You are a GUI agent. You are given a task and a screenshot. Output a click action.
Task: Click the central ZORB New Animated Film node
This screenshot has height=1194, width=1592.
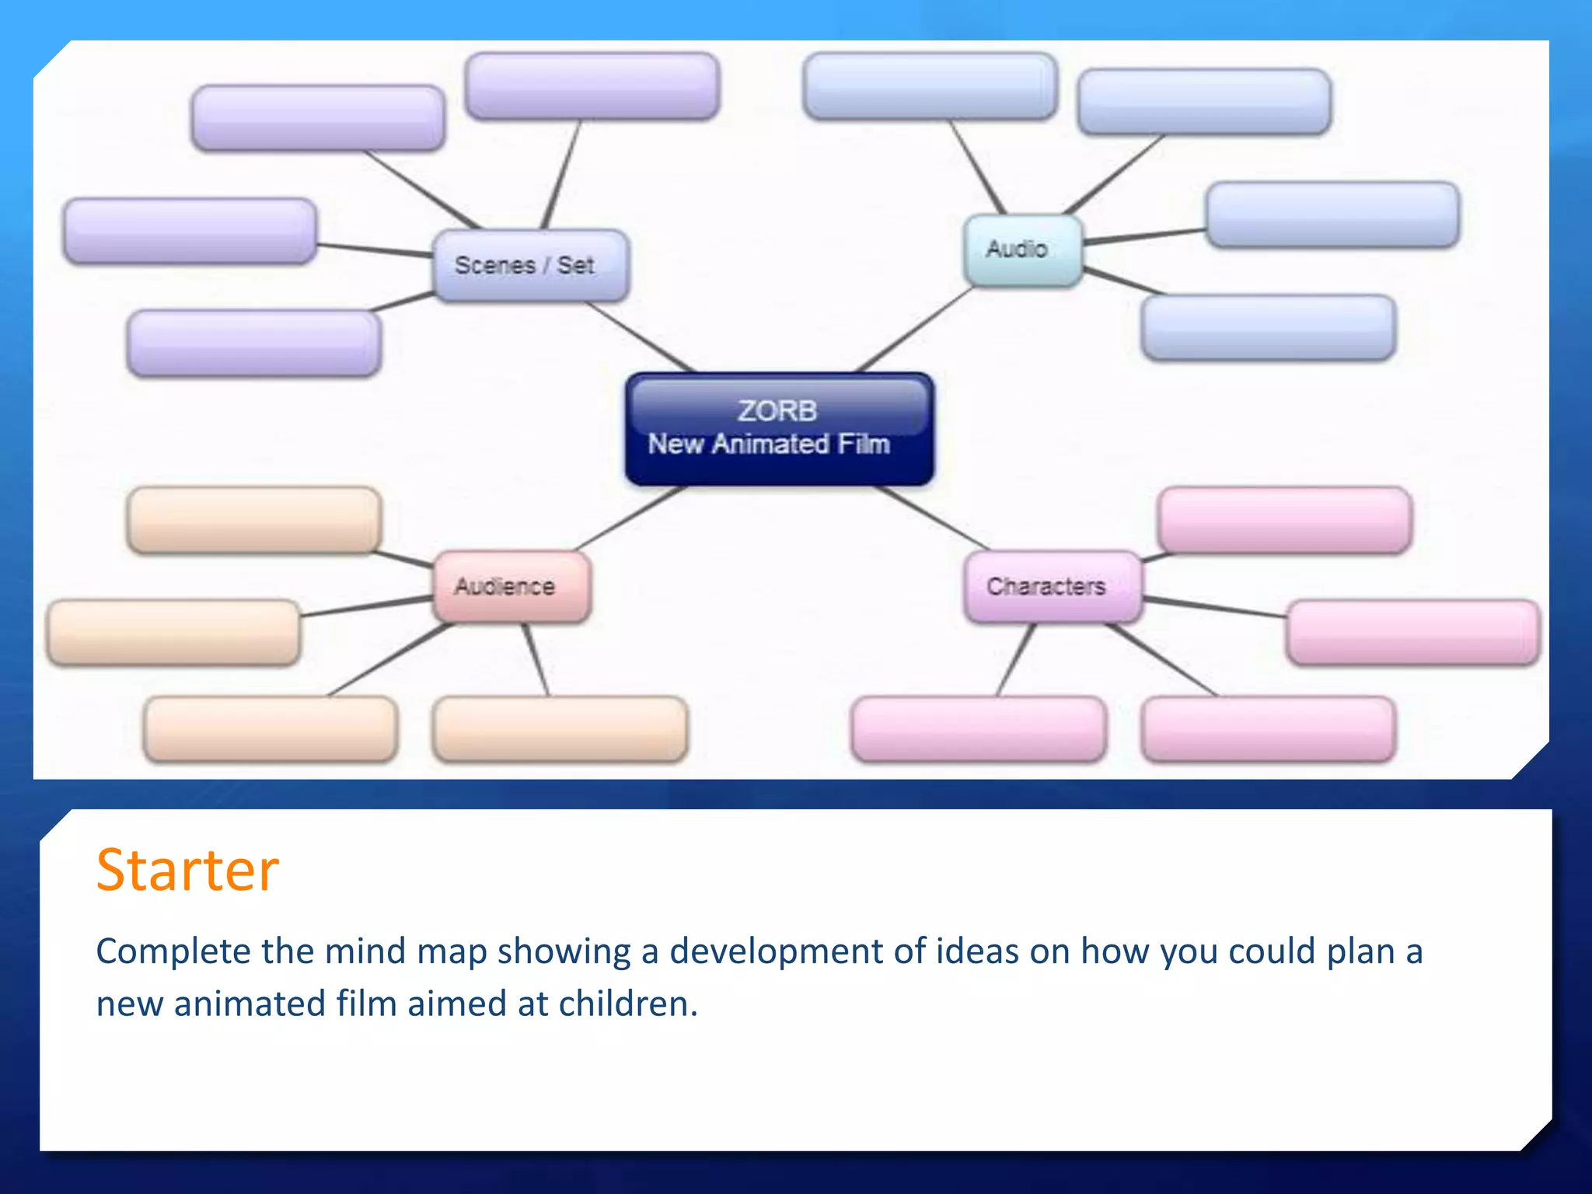click(x=779, y=429)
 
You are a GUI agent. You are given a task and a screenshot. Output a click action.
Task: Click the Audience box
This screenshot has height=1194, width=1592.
click(x=511, y=586)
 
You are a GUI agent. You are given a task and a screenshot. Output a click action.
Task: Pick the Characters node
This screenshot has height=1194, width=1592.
click(x=1052, y=586)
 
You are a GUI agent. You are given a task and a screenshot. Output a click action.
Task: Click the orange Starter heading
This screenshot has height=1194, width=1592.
click(x=187, y=870)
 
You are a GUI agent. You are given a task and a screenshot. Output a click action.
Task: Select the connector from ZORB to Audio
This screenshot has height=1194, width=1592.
click(x=915, y=330)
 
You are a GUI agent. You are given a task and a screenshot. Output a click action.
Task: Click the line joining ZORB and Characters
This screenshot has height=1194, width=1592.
click(x=933, y=518)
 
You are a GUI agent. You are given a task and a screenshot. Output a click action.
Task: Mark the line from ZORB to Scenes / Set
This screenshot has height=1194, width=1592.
click(x=639, y=337)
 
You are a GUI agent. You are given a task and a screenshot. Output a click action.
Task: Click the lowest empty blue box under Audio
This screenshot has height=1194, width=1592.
click(x=1268, y=327)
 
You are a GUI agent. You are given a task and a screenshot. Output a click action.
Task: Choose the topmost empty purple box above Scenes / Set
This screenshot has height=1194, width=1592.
click(x=592, y=86)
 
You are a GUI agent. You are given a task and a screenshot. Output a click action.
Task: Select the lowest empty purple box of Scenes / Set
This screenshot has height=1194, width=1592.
click(x=253, y=343)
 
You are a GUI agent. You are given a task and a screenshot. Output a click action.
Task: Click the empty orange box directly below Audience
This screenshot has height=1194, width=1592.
click(x=560, y=728)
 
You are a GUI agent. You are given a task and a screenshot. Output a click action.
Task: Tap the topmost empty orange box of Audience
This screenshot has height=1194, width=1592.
click(x=253, y=520)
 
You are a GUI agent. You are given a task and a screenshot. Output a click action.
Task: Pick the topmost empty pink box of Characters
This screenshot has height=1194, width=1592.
click(x=1284, y=520)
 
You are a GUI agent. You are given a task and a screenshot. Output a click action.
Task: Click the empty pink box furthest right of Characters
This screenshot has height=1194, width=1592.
click(x=1412, y=632)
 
